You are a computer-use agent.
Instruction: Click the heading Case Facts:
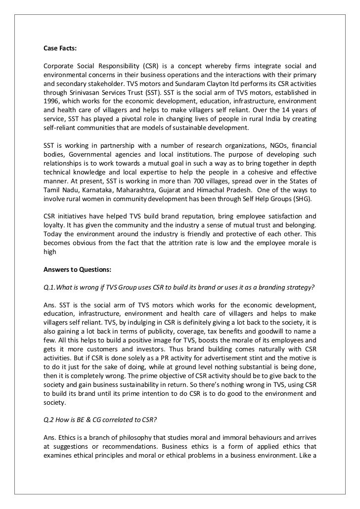(x=61, y=48)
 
